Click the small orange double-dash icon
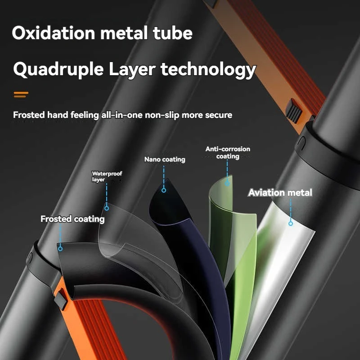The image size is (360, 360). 21,94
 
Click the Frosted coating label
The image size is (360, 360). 72,219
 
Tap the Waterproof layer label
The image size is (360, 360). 106,176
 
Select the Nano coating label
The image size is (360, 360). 164,159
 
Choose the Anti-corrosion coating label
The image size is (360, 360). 228,153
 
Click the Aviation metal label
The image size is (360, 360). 280,193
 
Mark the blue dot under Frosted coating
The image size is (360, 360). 60,247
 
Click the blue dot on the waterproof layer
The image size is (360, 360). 107,208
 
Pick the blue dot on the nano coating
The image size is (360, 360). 164,190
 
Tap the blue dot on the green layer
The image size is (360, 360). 228,183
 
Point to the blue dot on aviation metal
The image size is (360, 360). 291,223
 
